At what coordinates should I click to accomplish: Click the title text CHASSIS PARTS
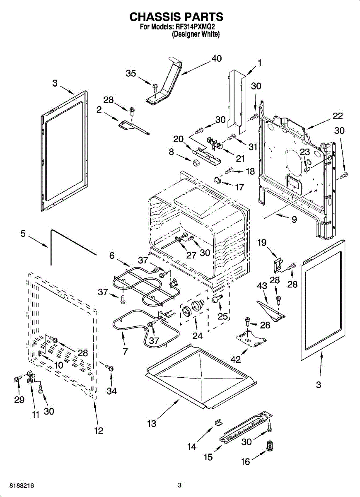pos(176,17)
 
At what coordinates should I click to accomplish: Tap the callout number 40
pos(216,59)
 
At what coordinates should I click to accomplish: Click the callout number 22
pos(338,116)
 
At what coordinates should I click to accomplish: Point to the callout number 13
pos(152,423)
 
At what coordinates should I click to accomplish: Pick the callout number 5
pos(23,234)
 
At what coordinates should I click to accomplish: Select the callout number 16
pos(246,461)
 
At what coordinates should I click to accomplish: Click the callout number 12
pos(98,431)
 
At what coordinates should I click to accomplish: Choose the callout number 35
pos(131,73)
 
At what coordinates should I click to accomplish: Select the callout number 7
pos(125,351)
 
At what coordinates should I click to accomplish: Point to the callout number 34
pos(111,391)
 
